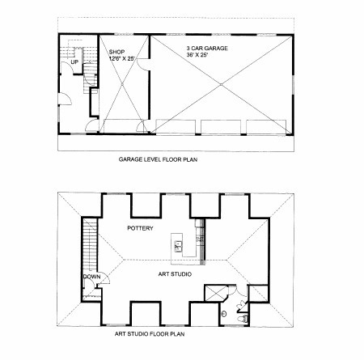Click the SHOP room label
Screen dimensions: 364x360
(x=116, y=52)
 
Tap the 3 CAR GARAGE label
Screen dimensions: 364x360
(x=207, y=49)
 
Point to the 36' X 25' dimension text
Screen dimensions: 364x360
(x=197, y=55)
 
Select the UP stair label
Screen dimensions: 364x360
(x=74, y=62)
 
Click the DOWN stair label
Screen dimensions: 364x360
(x=91, y=277)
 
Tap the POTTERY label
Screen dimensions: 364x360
(x=140, y=228)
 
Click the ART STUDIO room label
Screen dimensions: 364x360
(x=175, y=274)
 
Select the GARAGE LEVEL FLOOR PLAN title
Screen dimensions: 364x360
(x=158, y=159)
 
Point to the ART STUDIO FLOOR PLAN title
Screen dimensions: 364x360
(x=150, y=334)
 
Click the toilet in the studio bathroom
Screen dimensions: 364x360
(x=243, y=319)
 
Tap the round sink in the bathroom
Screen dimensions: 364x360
(x=223, y=314)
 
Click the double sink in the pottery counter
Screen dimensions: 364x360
(x=179, y=246)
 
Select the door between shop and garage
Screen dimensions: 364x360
(x=143, y=65)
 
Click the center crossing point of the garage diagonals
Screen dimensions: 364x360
(x=221, y=85)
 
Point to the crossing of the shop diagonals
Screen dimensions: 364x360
(x=122, y=84)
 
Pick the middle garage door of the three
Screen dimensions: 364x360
(x=221, y=127)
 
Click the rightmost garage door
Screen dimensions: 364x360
(x=266, y=127)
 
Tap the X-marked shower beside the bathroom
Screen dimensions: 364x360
(x=216, y=293)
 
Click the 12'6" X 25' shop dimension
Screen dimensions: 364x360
(x=122, y=58)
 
